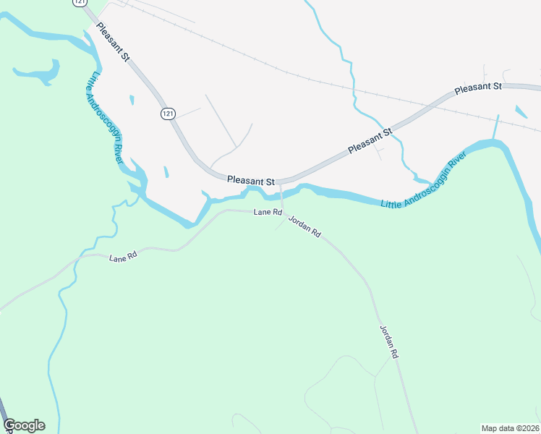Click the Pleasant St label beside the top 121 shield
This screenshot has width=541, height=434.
point(111,43)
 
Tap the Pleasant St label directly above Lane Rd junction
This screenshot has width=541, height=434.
point(251,180)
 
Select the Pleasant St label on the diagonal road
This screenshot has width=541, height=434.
point(369,140)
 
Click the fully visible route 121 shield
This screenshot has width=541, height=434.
point(167,114)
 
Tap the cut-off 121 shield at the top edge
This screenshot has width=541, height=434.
point(78,3)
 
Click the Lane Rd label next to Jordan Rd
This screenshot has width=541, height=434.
point(267,212)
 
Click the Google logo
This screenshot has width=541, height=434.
point(24,425)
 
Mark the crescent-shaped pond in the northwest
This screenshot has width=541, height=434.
point(40,72)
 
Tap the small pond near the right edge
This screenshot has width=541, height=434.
point(521,111)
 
